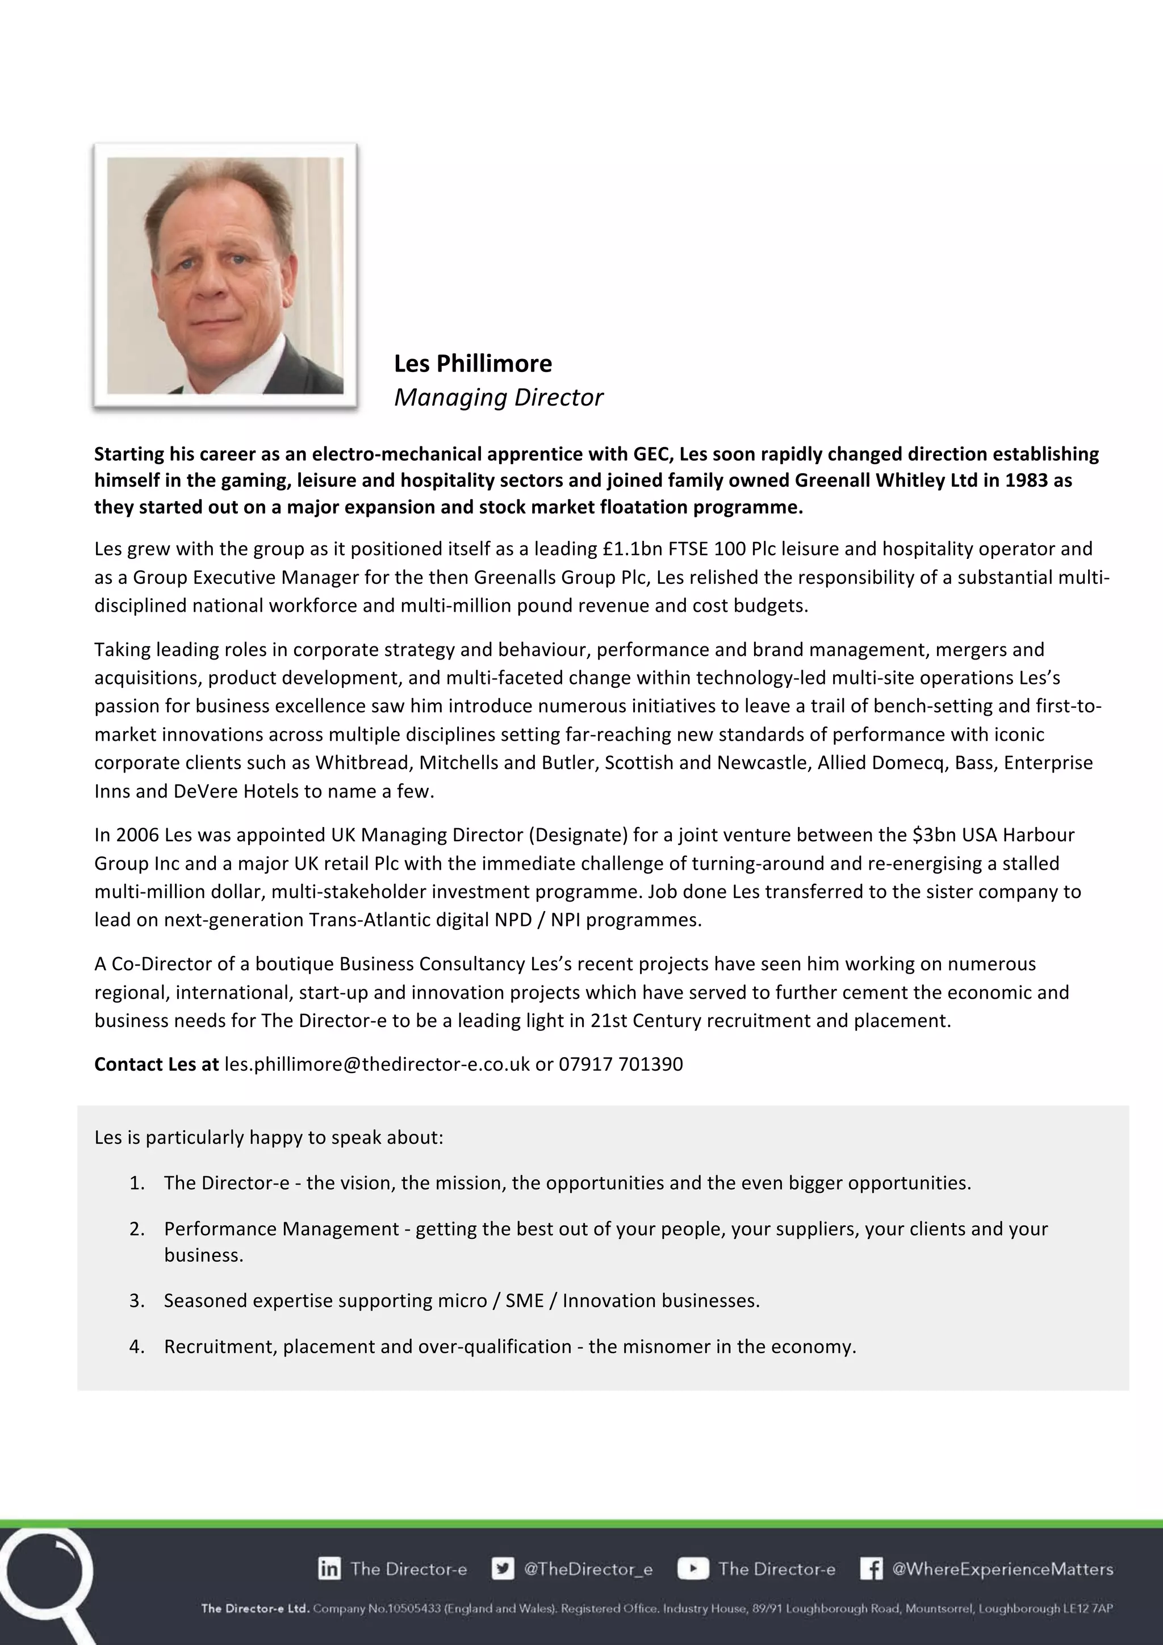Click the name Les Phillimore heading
472,364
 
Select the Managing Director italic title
499,398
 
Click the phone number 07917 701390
620,1064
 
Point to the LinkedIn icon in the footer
329,1569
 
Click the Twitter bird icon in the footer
503,1569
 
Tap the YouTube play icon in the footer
692,1569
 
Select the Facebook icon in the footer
871,1569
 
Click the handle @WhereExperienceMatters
1002,1569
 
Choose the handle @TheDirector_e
588,1569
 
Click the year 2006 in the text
137,834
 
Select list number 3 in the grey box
137,1300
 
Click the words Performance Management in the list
281,1229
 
